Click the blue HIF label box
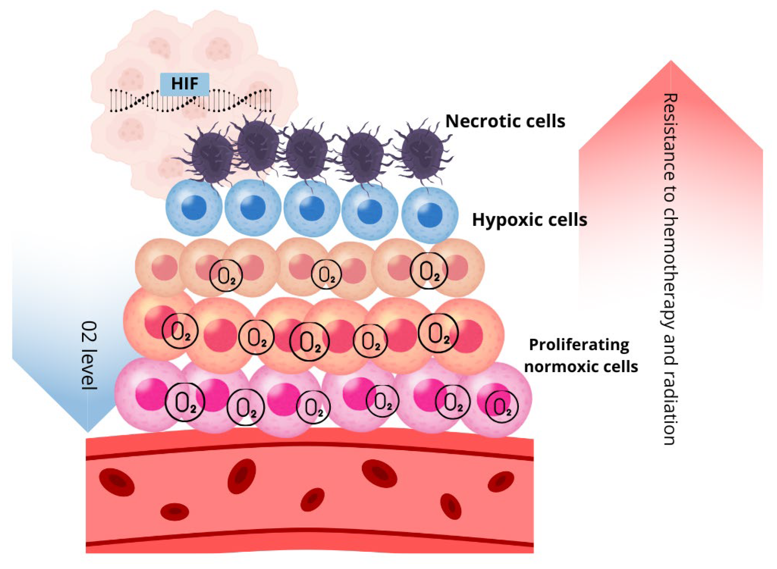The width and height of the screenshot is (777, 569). click(x=184, y=84)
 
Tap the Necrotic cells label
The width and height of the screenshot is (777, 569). click(x=505, y=121)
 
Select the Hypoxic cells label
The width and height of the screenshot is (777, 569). click(x=529, y=220)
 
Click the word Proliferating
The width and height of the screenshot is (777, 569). click(x=579, y=345)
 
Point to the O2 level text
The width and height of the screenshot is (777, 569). click(x=89, y=355)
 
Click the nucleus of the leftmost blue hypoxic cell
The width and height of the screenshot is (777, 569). click(x=194, y=207)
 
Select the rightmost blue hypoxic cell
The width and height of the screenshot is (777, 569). click(x=430, y=215)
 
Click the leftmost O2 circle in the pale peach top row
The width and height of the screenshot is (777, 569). click(x=226, y=275)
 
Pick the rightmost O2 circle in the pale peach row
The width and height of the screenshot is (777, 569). click(x=429, y=271)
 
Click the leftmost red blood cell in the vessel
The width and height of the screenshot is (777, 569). click(x=117, y=482)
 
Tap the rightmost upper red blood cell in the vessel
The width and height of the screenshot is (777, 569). click(x=501, y=482)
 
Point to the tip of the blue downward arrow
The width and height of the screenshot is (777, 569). click(x=88, y=431)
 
